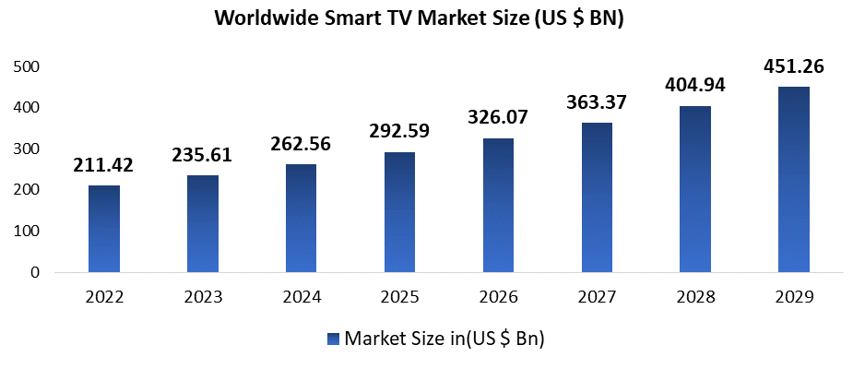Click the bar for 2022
[x=104, y=229]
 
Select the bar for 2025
[x=399, y=212]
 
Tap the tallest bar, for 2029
[x=794, y=180]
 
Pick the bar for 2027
[x=597, y=197]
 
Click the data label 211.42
[x=104, y=165]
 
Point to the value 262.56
[x=301, y=144]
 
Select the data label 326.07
[x=498, y=118]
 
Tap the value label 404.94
[x=695, y=86]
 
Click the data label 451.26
[x=794, y=66]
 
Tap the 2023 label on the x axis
[x=202, y=297]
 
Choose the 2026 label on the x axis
[x=498, y=297]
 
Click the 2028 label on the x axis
[x=695, y=297]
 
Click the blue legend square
[x=333, y=339]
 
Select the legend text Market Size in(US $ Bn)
[x=444, y=339]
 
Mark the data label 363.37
[x=597, y=102]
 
